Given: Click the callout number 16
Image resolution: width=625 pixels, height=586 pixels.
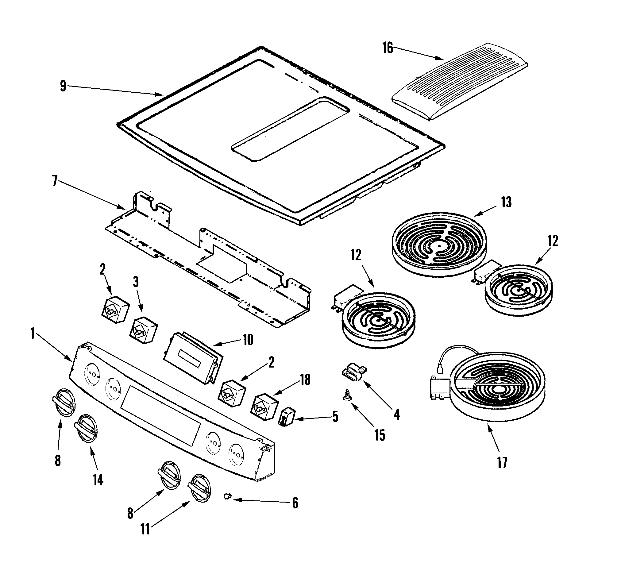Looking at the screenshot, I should coord(388,48).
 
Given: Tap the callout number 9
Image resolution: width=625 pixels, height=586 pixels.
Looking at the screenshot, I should coord(63,86).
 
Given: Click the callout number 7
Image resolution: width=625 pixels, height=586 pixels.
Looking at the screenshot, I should coord(55,181).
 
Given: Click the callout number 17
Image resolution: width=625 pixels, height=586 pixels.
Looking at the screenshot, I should coord(502,462).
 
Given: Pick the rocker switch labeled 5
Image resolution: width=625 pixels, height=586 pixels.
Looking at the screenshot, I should coord(286,417).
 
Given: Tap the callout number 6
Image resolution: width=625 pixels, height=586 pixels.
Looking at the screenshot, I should coord(295,503).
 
